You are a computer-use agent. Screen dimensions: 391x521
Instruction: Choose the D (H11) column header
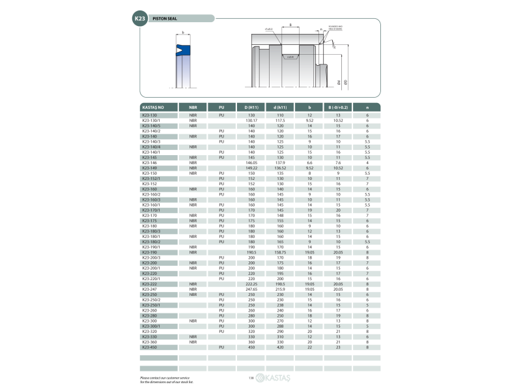(x=251, y=107)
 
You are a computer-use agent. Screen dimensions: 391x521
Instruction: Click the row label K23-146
(x=150, y=162)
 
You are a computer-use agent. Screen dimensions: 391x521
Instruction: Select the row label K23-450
(x=150, y=347)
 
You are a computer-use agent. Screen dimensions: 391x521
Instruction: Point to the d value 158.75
(x=280, y=252)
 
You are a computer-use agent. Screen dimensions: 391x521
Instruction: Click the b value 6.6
(x=310, y=162)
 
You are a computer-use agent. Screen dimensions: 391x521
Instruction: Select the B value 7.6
(x=338, y=162)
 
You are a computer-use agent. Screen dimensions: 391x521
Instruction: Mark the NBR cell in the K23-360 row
(x=193, y=341)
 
